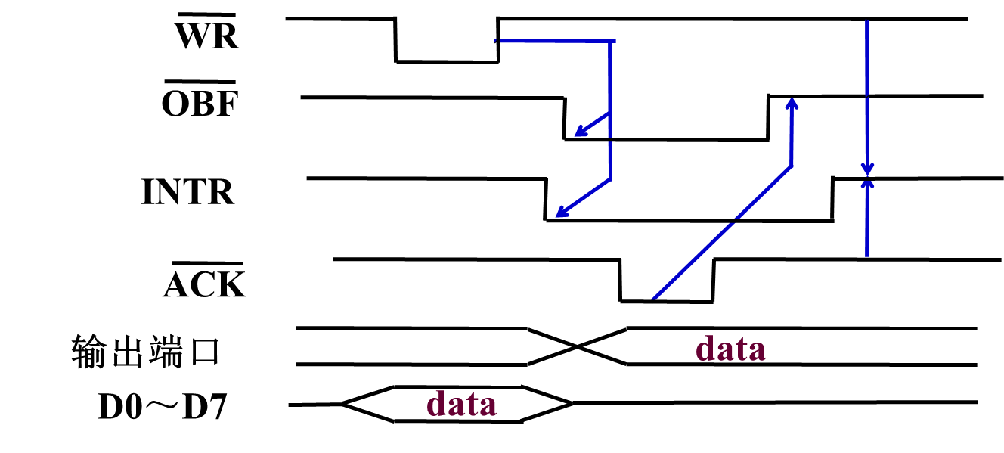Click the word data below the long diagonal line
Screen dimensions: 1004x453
(x=730, y=349)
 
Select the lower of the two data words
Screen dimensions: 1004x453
(x=462, y=403)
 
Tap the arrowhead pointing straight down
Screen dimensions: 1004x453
(x=867, y=169)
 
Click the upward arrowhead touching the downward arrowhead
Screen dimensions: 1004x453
(x=867, y=184)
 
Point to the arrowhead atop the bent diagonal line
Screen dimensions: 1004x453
(x=792, y=104)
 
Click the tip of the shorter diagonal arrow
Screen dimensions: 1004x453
(x=578, y=135)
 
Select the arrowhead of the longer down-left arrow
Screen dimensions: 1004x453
(x=559, y=214)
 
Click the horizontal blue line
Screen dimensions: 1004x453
(x=556, y=41)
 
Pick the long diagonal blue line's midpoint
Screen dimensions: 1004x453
(x=722, y=231)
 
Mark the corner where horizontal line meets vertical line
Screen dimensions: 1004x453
(x=610, y=41)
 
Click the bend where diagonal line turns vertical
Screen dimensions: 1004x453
(x=791, y=166)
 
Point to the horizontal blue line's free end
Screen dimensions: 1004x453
(x=497, y=41)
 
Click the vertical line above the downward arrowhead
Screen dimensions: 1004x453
(x=866, y=91)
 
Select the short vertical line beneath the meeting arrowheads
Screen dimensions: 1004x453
(x=866, y=223)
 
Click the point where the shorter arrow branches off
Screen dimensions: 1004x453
(x=609, y=113)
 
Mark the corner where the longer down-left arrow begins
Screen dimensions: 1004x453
(x=610, y=179)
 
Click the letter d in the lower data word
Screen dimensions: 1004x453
(x=436, y=403)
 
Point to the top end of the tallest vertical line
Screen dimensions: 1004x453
(x=866, y=21)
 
